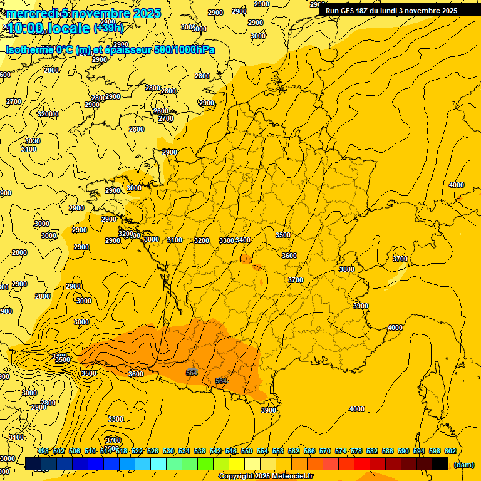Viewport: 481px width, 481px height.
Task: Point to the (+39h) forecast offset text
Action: tap(108, 28)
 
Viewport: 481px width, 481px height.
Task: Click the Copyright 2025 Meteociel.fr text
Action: tap(266, 477)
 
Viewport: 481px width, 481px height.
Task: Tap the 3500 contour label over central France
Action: tap(283, 235)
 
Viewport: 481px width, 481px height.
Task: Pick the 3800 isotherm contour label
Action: tap(346, 269)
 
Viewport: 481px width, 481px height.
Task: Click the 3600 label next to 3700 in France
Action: tap(289, 256)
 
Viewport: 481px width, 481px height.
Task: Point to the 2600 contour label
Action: tap(161, 111)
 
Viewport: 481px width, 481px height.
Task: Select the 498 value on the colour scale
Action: tap(43, 451)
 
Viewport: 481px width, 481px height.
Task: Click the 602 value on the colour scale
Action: tap(450, 451)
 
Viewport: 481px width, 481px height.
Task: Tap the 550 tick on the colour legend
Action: tap(247, 451)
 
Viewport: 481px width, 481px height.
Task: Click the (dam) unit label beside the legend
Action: tap(463, 465)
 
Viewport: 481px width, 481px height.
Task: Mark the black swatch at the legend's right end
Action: tap(440, 463)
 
